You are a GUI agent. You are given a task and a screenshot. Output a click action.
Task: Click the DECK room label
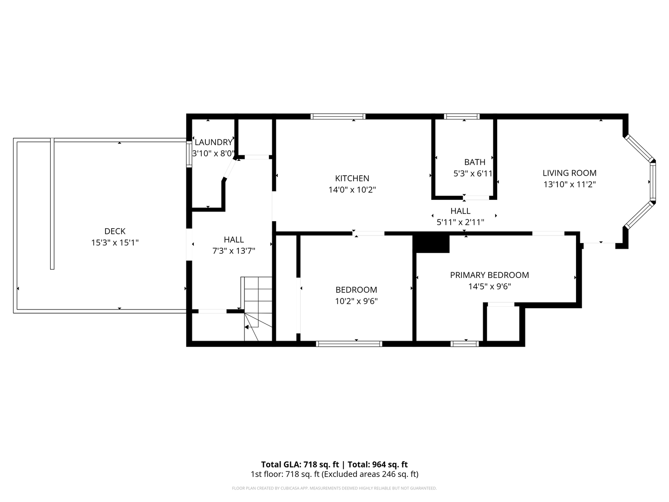click(x=115, y=231)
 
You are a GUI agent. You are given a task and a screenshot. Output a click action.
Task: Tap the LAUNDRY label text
click(x=213, y=142)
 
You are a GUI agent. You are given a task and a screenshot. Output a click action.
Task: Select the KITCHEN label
click(x=352, y=178)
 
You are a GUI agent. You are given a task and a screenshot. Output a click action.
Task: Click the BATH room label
click(x=474, y=162)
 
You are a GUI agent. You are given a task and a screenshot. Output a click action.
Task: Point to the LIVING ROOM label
click(x=569, y=173)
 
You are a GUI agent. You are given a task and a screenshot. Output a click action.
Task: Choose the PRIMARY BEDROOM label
click(x=490, y=275)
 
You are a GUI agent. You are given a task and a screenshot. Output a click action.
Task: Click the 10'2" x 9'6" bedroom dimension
click(x=356, y=302)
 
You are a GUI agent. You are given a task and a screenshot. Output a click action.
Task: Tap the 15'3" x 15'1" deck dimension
click(x=115, y=243)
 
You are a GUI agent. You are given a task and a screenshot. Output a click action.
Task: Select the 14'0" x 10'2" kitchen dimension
click(x=352, y=190)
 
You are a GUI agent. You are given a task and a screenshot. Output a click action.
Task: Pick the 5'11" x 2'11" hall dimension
click(x=460, y=223)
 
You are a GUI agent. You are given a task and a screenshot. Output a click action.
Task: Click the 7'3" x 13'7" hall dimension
click(x=234, y=251)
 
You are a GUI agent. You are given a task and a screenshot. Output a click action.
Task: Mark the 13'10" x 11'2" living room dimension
click(x=569, y=185)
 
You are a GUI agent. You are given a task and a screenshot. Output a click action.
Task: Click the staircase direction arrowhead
click(x=247, y=327)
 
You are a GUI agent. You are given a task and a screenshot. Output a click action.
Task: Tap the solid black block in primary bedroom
click(x=431, y=244)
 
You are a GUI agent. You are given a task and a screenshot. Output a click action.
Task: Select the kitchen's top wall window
click(x=338, y=116)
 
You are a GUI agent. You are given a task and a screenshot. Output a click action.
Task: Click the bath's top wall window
click(x=462, y=116)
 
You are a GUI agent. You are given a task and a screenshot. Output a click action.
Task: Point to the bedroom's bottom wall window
click(x=349, y=344)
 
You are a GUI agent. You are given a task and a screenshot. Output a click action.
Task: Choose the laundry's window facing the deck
click(x=189, y=154)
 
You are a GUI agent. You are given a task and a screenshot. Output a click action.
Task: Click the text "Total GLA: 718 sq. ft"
click(x=300, y=464)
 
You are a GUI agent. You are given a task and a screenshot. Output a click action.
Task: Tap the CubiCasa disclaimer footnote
click(x=334, y=488)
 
